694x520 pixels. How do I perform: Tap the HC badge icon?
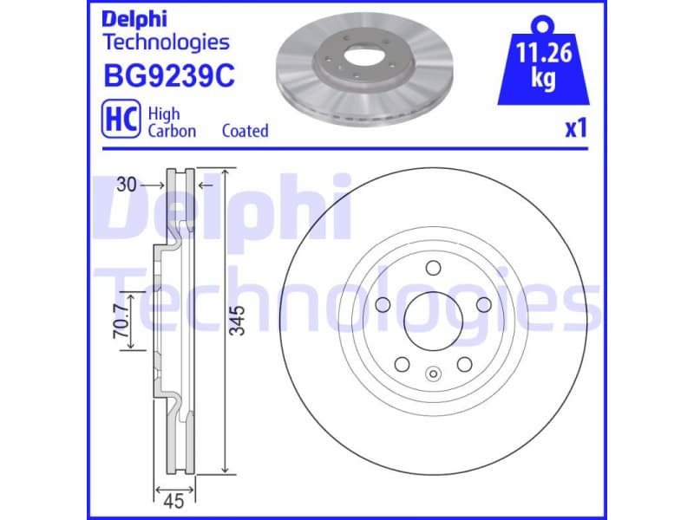(x=121, y=121)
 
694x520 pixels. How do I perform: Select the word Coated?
(x=245, y=131)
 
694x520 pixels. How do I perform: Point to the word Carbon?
(x=172, y=131)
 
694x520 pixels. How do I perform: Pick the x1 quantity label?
(x=576, y=130)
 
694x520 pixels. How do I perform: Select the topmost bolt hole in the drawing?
(x=431, y=268)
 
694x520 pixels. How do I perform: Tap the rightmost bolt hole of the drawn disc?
(x=482, y=304)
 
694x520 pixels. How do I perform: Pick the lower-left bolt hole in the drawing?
(x=400, y=363)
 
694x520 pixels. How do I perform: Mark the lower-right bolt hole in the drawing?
(x=463, y=363)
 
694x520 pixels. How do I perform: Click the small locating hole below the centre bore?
(x=433, y=374)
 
